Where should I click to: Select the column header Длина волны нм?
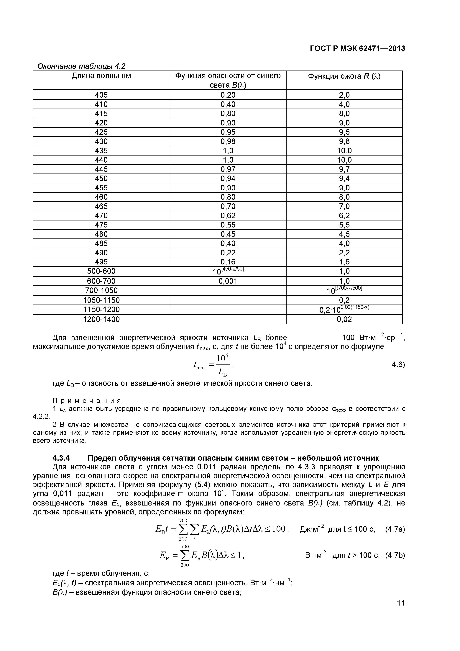point(101,76)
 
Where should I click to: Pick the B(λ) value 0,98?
point(228,141)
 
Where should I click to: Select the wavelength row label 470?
point(101,215)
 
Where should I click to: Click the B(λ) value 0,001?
point(228,281)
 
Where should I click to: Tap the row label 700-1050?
point(101,290)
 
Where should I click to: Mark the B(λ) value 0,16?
point(228,262)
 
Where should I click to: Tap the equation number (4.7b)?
point(395,555)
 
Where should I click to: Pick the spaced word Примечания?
point(87,401)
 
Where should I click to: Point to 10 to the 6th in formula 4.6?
point(223,358)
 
